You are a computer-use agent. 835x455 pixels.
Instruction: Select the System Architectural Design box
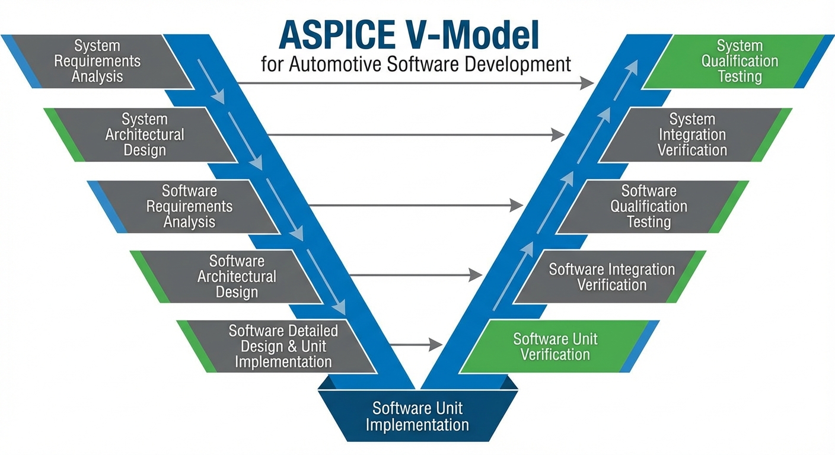tap(145, 134)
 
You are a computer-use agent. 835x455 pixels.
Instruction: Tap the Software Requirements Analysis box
tap(189, 206)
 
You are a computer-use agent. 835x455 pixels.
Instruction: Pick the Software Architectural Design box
tap(236, 276)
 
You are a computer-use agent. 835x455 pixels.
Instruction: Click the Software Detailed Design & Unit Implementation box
tap(283, 346)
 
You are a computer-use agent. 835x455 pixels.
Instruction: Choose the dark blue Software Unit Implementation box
tap(417, 416)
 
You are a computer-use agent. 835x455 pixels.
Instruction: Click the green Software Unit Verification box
tap(555, 347)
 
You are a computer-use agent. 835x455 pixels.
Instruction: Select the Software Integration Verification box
tap(611, 277)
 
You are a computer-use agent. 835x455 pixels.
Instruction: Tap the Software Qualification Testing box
tap(649, 206)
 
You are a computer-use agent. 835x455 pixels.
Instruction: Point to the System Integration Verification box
tap(692, 134)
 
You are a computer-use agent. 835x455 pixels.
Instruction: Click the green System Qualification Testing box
tap(739, 61)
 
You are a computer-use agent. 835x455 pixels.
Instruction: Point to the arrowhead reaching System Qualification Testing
tap(587, 83)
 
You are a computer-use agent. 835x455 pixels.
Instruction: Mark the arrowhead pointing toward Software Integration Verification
tap(475, 274)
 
